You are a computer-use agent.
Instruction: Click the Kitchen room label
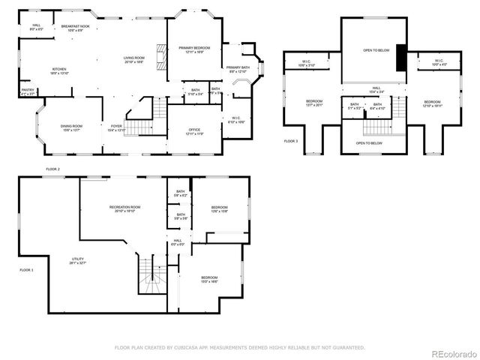pyautogui.click(x=59, y=68)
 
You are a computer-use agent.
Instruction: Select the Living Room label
pyautogui.click(x=134, y=58)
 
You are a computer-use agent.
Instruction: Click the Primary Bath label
pyautogui.click(x=238, y=67)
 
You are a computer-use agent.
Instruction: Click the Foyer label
pyautogui.click(x=117, y=126)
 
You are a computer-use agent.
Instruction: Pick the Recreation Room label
pyautogui.click(x=124, y=207)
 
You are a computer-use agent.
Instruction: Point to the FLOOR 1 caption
pyautogui.click(x=26, y=269)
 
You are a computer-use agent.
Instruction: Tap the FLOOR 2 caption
pyautogui.click(x=52, y=169)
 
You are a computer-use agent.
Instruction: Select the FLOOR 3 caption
pyautogui.click(x=290, y=141)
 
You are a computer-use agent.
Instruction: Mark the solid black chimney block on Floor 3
pyautogui.click(x=401, y=57)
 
